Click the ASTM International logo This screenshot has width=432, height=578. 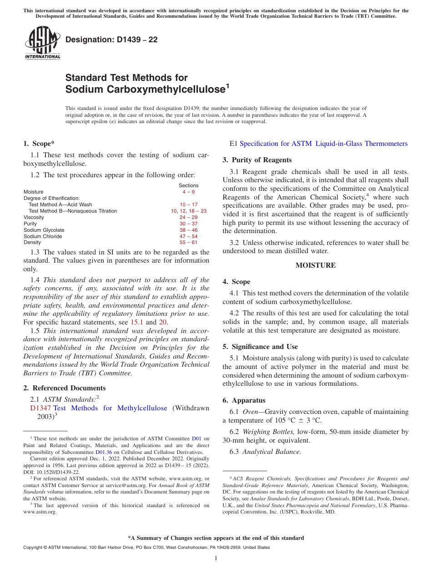[x=42, y=43]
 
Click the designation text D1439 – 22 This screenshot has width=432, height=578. [x=111, y=40]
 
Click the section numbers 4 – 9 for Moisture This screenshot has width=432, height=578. [x=188, y=192]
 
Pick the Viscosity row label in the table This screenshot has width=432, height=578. [x=34, y=217]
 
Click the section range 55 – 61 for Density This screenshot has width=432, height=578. [x=188, y=243]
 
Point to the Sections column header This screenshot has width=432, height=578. [x=188, y=185]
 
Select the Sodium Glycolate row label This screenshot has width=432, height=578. [x=44, y=230]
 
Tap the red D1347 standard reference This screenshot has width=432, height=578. [x=40, y=408]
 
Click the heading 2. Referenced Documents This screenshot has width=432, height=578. [x=65, y=388]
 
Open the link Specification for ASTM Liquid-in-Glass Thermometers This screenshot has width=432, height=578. [x=323, y=144]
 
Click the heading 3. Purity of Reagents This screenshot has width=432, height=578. [x=257, y=160]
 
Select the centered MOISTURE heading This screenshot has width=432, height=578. [x=316, y=265]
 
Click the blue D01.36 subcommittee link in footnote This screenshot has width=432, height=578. [x=104, y=452]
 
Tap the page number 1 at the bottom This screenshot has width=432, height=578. [x=216, y=558]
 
